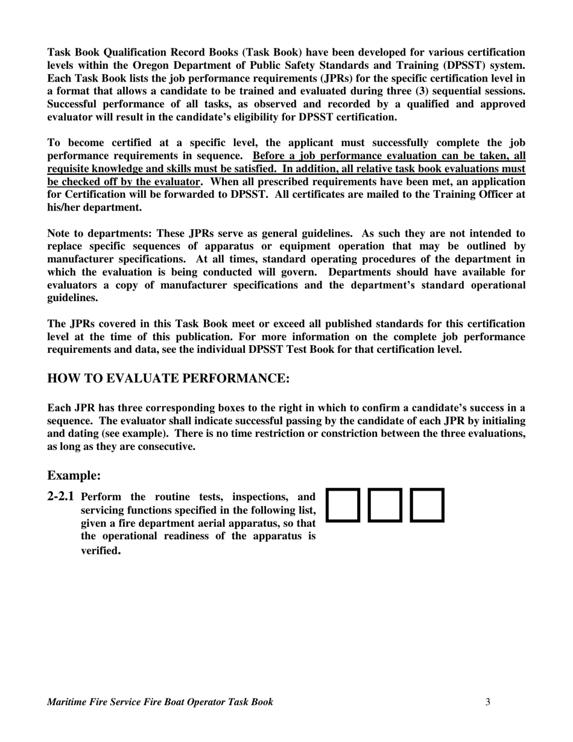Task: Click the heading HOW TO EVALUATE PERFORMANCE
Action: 168,379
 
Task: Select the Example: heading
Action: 74,476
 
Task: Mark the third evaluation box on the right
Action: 428,505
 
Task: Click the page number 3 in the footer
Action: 487,702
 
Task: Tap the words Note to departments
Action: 97,233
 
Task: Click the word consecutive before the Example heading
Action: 166,447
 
